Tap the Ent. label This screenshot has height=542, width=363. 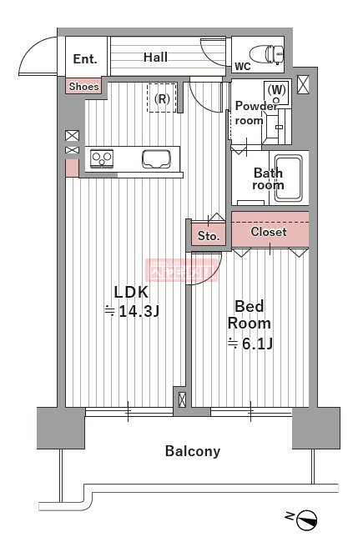[85, 58]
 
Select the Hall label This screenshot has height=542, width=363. [155, 58]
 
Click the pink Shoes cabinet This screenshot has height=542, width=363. [83, 86]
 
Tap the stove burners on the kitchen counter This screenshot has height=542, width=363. [102, 158]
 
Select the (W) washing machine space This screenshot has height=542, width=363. [276, 91]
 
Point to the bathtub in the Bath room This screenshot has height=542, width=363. [288, 178]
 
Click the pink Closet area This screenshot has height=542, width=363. [269, 232]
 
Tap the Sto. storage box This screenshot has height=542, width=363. [209, 236]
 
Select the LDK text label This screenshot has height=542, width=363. [131, 292]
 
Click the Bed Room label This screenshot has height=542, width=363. [250, 314]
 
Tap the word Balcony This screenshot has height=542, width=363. [193, 451]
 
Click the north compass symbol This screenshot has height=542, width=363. [307, 519]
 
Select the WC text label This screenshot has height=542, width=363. [243, 66]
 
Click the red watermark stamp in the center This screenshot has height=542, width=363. [182, 269]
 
